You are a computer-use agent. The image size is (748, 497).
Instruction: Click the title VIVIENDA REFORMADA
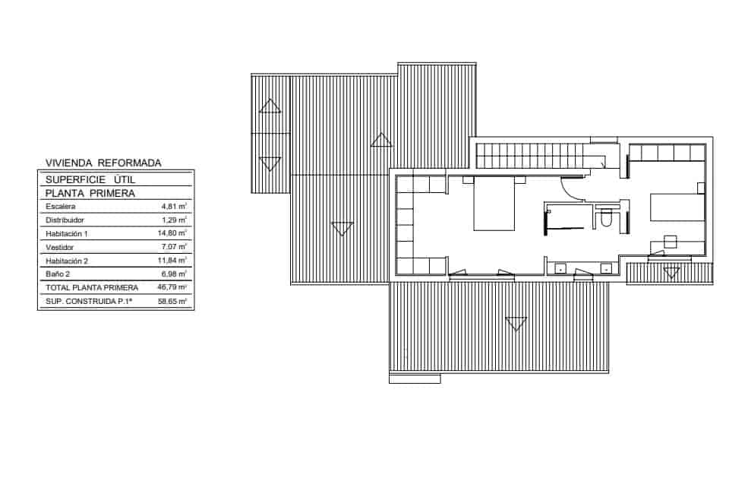pyautogui.click(x=103, y=162)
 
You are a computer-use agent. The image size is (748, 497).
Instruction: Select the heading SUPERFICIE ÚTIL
pyautogui.click(x=90, y=179)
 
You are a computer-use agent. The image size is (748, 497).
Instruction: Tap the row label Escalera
pyautogui.click(x=60, y=206)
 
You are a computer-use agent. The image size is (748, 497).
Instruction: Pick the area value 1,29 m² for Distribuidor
pyautogui.click(x=174, y=220)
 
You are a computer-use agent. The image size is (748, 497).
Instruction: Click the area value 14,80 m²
pyautogui.click(x=172, y=233)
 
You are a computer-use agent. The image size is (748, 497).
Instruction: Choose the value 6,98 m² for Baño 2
pyautogui.click(x=173, y=274)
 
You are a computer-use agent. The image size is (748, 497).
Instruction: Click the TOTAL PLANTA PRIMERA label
pyautogui.click(x=91, y=288)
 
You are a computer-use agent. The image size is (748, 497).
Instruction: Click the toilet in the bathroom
pyautogui.click(x=607, y=218)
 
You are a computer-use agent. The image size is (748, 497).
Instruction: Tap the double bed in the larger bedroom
pyautogui.click(x=494, y=204)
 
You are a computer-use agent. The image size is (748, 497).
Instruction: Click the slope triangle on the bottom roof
pyautogui.click(x=516, y=324)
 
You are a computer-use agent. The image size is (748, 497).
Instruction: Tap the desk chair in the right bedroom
pyautogui.click(x=670, y=242)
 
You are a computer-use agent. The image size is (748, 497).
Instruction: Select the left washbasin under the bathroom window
pyautogui.click(x=560, y=267)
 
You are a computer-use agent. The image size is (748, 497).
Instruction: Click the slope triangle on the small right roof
pyautogui.click(x=670, y=273)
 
